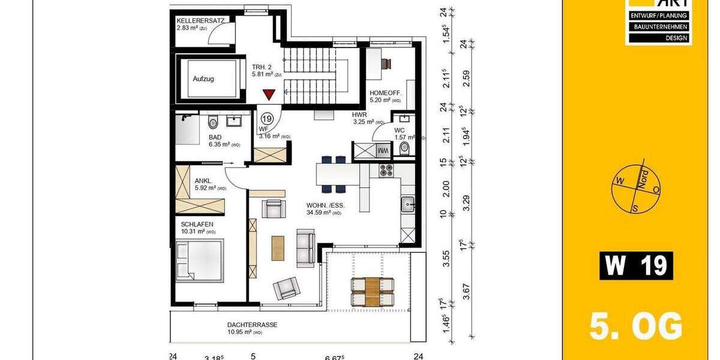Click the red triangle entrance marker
click(269, 95)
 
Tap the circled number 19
click(266, 119)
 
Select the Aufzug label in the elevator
click(203, 79)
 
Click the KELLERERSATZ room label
click(200, 20)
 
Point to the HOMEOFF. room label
click(385, 94)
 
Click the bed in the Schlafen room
click(199, 261)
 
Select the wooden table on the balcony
click(372, 291)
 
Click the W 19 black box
click(635, 265)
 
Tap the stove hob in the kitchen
click(385, 170)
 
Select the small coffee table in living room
click(277, 248)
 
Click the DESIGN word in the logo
click(658, 38)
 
